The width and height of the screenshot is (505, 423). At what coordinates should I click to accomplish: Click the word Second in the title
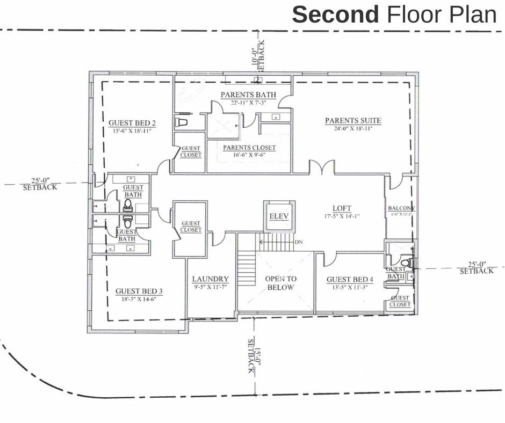click(x=335, y=14)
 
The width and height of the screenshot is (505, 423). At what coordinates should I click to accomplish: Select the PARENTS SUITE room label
click(x=353, y=121)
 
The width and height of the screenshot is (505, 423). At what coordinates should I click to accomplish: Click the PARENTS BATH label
click(x=248, y=96)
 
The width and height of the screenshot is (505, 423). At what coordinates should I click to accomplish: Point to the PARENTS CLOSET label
click(x=249, y=148)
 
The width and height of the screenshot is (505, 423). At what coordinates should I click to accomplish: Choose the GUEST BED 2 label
click(x=132, y=122)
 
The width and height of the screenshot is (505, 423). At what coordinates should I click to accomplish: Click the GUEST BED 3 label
click(x=139, y=291)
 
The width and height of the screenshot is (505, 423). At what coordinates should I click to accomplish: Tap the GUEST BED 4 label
click(x=349, y=280)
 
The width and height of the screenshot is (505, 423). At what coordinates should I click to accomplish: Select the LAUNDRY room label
click(x=211, y=279)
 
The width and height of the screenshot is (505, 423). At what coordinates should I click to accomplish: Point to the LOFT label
click(x=342, y=208)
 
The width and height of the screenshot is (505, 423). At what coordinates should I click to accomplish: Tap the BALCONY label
click(x=401, y=208)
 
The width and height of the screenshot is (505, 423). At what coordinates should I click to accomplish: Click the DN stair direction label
click(x=299, y=242)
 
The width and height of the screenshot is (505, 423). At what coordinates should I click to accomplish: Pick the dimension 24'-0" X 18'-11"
click(x=353, y=129)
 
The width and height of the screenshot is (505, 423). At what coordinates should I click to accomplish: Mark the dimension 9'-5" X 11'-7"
click(x=211, y=287)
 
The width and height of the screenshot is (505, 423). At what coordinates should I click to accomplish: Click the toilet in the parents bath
click(x=181, y=122)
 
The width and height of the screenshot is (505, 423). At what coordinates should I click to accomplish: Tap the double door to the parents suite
click(x=321, y=170)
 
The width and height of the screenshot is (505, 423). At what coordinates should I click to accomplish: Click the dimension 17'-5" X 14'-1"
click(x=342, y=216)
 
